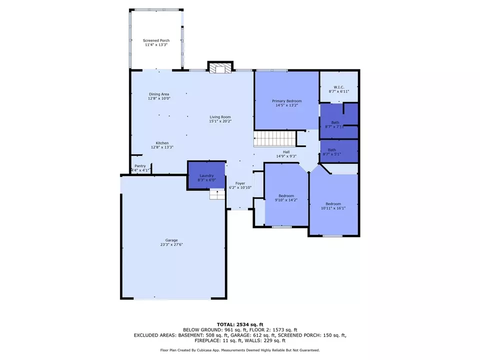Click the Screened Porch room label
156,40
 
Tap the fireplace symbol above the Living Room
220,68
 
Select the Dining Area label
159,94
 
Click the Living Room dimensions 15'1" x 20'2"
220,121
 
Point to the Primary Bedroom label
286,101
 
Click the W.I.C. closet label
338,87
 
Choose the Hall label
286,152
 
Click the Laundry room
206,175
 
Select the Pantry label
140,166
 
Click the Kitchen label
162,143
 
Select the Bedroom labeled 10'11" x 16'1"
333,204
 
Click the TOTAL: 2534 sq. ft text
240,324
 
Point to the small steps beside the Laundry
216,194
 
